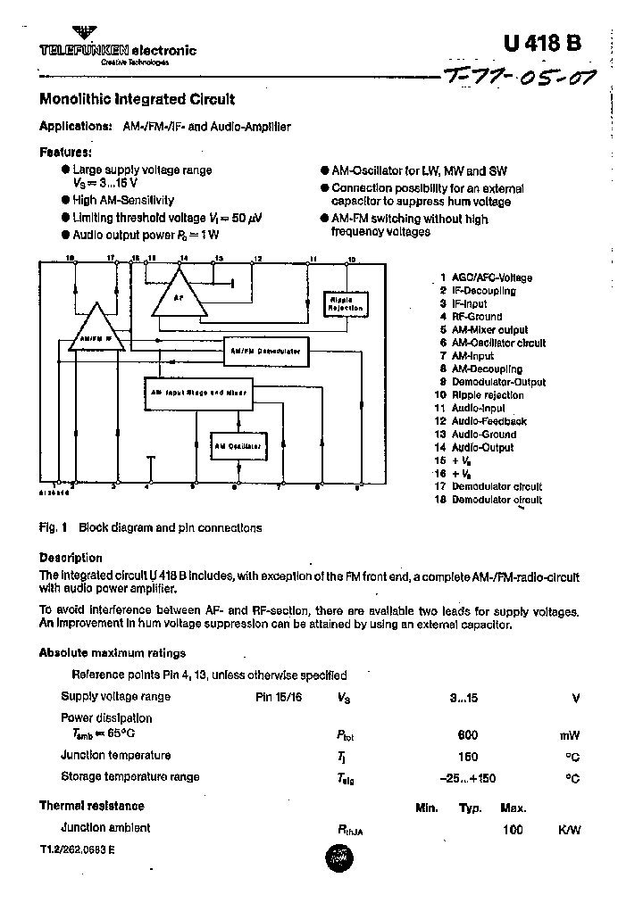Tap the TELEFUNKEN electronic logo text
coord(117,51)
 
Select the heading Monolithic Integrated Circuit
coord(138,100)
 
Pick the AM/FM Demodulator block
coord(265,351)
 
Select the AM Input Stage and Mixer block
coord(199,392)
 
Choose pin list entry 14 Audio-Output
coord(480,447)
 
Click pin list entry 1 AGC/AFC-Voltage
coord(486,278)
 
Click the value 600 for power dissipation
coord(467,735)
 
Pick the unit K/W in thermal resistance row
coord(569,829)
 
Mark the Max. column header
coord(513,808)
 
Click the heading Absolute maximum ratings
coord(113,653)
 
